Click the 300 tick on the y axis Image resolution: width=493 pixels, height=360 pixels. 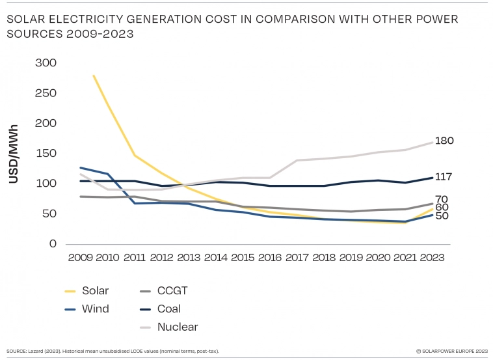click(46, 63)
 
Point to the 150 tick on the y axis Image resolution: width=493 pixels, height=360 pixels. click(46, 154)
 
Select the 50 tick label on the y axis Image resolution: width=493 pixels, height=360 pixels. click(49, 214)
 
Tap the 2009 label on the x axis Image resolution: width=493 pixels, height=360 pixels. click(81, 257)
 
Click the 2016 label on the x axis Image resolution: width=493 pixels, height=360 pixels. click(269, 257)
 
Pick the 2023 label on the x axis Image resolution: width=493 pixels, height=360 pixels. click(431, 257)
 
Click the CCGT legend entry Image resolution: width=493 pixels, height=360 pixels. click(171, 291)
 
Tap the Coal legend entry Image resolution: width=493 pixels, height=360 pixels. click(169, 309)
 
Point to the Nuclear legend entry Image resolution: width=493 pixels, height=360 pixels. click(178, 327)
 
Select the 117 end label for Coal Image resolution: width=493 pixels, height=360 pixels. click(443, 177)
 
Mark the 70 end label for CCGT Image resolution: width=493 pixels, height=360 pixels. click(442, 199)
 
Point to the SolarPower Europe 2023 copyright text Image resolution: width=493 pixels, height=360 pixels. click(451, 351)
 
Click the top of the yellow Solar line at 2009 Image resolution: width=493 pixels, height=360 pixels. click(94, 76)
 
